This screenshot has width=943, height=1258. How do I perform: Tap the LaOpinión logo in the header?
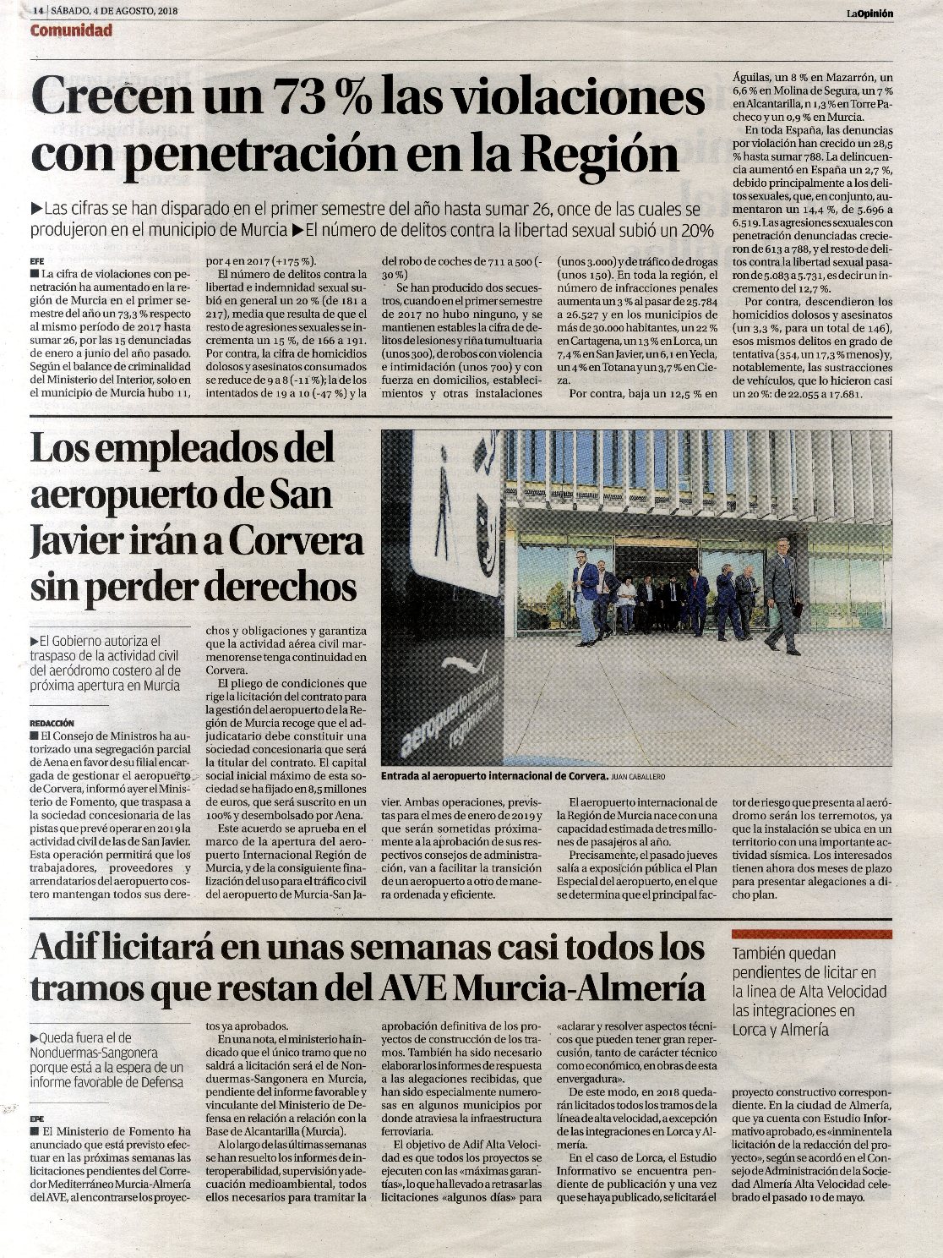[870, 13]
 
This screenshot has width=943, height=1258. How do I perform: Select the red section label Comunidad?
[71, 31]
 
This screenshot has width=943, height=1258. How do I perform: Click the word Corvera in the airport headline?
[297, 541]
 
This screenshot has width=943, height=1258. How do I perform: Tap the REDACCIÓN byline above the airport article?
[52, 724]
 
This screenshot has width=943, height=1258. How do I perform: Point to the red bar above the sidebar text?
[811, 934]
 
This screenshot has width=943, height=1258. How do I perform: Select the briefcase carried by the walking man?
[795, 609]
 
